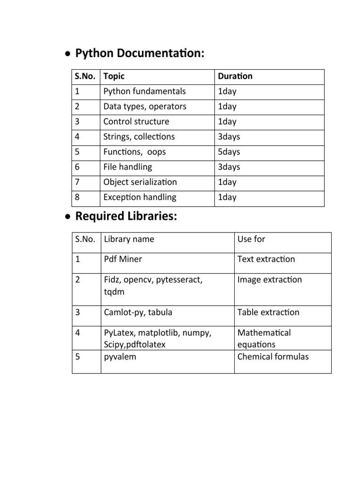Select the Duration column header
pyautogui.click(x=235, y=76)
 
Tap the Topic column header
pyautogui.click(x=114, y=76)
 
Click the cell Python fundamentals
pyautogui.click(x=144, y=92)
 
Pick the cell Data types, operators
pyautogui.click(x=145, y=107)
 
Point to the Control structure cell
pyautogui.click(x=136, y=122)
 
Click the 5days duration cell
pyautogui.click(x=229, y=152)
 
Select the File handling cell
pyautogui.click(x=128, y=167)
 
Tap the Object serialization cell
pyautogui.click(x=140, y=182)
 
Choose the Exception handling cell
pyautogui.click(x=140, y=197)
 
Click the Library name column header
pyautogui.click(x=129, y=239)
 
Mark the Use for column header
pyautogui.click(x=251, y=239)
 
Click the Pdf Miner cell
pyautogui.click(x=123, y=259)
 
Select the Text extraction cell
pyautogui.click(x=266, y=259)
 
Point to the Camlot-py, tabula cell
pyautogui.click(x=138, y=312)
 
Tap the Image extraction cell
pyautogui.click(x=270, y=280)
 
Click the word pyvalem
pyautogui.click(x=120, y=357)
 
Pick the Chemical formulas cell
pyautogui.click(x=273, y=357)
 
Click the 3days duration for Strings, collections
pyautogui.click(x=229, y=137)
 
